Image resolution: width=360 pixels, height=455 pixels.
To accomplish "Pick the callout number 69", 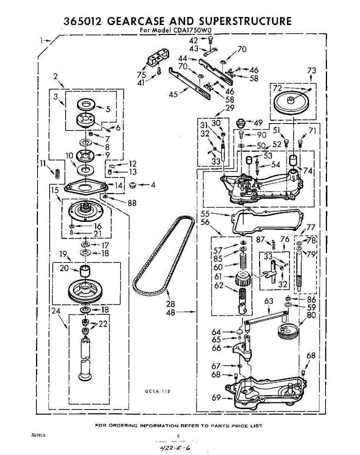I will pos(216,398).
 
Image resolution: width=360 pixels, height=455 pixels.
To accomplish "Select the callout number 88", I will pos(132,203).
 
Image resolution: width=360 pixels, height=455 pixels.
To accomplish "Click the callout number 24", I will pos(56,311).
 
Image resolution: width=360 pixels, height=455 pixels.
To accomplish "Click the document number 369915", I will pos(38,436).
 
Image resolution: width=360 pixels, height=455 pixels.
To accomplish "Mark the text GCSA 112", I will pos(157,391).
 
